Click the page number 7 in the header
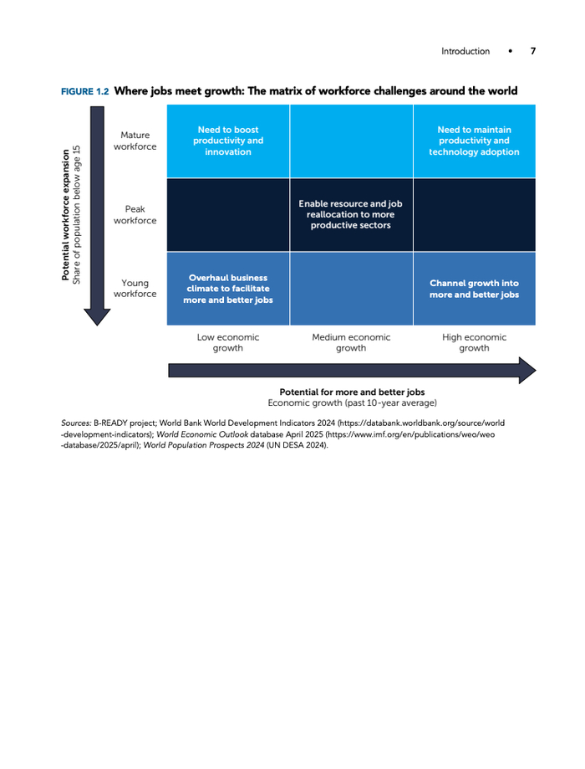tap(532, 51)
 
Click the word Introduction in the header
tap(465, 51)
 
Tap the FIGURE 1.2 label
tap(84, 91)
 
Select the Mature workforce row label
tap(135, 141)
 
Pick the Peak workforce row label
tap(135, 215)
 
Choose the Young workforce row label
tap(135, 289)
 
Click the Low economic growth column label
tap(228, 342)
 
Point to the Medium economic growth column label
tap(351, 342)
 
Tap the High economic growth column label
tap(474, 342)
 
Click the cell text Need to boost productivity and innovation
tap(228, 141)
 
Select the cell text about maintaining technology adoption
tap(474, 141)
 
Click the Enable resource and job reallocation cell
tap(350, 214)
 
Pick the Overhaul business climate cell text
tap(228, 289)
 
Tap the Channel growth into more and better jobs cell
tap(474, 289)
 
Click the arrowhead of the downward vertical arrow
tap(97, 316)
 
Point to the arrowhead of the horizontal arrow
tap(527, 371)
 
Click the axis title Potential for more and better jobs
tap(352, 392)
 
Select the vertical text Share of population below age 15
tap(76, 215)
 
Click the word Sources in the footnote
tap(76, 423)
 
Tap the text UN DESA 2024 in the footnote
tap(297, 445)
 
